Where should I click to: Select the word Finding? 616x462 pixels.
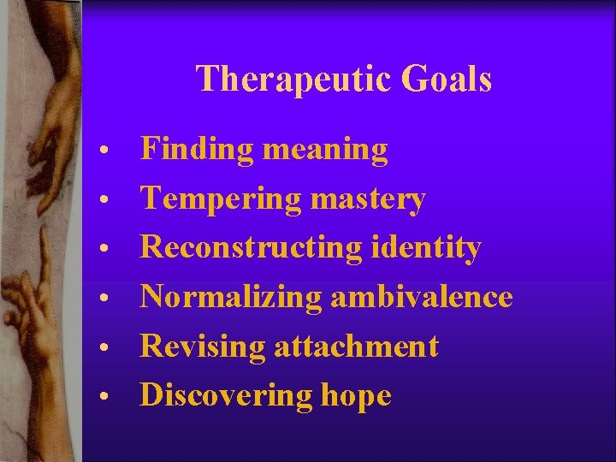197,151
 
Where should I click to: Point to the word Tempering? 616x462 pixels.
221,199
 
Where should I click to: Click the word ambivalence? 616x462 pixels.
421,297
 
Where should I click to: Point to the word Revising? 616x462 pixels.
203,346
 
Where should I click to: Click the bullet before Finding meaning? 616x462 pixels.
102,152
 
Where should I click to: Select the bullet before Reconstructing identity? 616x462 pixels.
102,251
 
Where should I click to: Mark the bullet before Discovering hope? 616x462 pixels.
102,398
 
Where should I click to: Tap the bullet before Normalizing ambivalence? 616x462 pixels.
102,299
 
